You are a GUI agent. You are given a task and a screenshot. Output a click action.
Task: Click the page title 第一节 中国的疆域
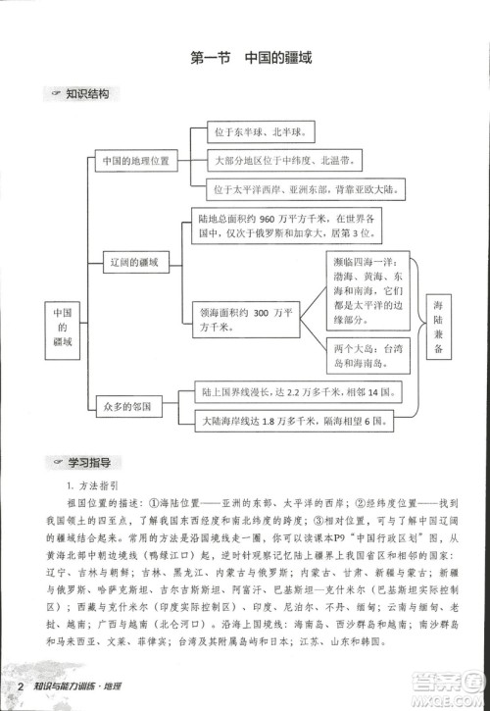click(250, 59)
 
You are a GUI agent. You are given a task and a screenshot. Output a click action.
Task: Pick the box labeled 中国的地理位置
click(136, 159)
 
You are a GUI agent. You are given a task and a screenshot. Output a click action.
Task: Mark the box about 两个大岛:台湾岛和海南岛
click(367, 355)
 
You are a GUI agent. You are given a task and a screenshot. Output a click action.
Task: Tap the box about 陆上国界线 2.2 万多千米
click(295, 392)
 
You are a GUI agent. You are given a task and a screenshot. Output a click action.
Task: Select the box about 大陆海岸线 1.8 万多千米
click(292, 422)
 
